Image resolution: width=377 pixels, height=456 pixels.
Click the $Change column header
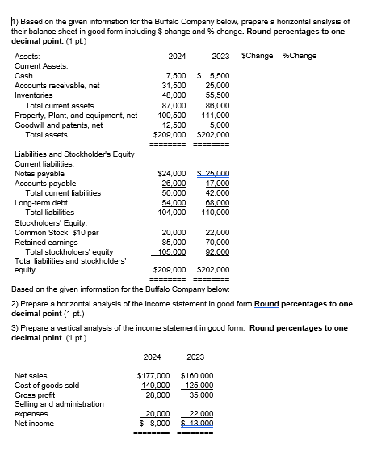[257, 55]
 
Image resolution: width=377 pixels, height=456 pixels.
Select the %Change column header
[299, 55]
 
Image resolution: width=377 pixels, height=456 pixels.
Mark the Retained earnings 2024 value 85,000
[175, 242]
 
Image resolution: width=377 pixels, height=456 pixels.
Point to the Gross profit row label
[36, 395]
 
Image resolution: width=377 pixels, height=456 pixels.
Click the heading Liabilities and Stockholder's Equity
[77, 154]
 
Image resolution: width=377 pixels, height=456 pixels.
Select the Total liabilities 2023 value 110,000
[216, 213]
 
